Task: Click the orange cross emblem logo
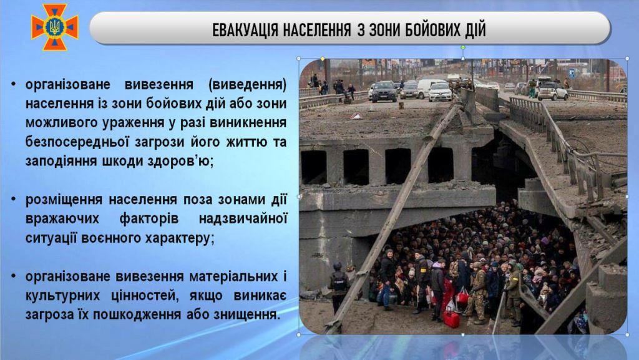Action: (55, 27)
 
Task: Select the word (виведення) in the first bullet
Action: (247, 85)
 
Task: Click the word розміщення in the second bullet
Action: (64, 200)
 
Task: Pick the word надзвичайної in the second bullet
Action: (243, 219)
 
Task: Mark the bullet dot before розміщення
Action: (14, 200)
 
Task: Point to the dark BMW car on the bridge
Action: (383, 91)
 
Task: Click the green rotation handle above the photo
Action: (463, 47)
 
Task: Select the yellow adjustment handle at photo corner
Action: (323, 59)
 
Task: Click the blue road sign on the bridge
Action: (572, 74)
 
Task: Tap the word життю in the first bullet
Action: (244, 142)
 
